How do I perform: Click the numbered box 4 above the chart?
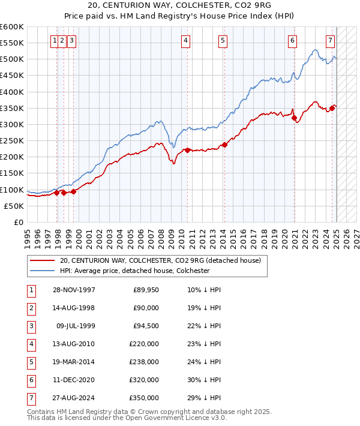[186, 41]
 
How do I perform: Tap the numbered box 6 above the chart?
[292, 41]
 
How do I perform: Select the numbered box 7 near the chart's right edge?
[330, 41]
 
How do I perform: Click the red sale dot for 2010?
[187, 150]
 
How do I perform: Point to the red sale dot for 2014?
[224, 145]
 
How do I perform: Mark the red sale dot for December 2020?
[295, 118]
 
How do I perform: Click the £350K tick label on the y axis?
[11, 109]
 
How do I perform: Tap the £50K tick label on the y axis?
[14, 206]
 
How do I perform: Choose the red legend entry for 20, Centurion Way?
[160, 261]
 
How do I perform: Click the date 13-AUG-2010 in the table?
[74, 344]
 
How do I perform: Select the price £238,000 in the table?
[146, 362]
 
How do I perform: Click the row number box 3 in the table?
[30, 326]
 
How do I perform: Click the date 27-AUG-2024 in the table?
[74, 398]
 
